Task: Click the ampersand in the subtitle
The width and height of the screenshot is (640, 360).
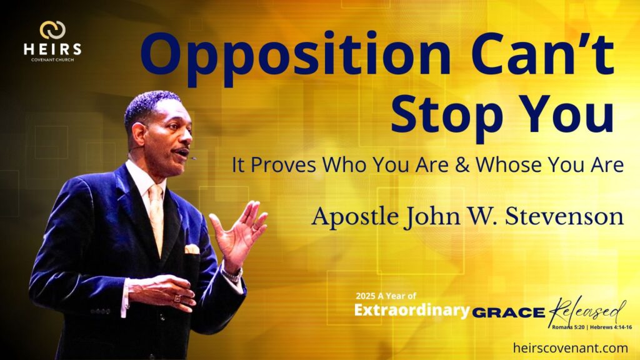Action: [462, 165]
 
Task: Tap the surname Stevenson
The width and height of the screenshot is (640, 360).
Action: [564, 216]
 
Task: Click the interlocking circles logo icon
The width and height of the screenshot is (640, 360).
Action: [52, 30]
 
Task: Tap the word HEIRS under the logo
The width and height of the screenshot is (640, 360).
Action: [52, 49]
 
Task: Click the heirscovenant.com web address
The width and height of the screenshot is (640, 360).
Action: [571, 347]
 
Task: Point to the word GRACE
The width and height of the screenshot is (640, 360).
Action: [509, 313]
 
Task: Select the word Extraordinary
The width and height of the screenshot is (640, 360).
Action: [412, 310]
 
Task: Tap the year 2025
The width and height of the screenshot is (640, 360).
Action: [365, 296]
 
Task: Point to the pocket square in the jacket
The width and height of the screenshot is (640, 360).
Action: [192, 249]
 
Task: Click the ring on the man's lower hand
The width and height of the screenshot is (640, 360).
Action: [177, 298]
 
